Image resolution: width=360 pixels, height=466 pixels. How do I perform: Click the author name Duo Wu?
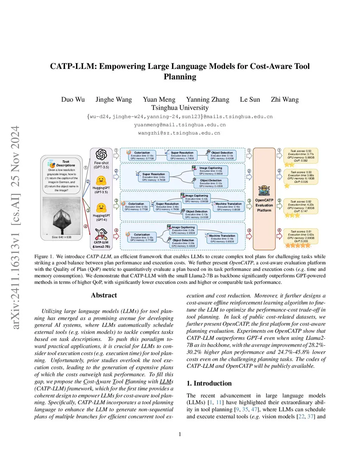tap(73, 100)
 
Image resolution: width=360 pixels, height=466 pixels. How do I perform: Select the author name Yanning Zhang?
tap(207, 100)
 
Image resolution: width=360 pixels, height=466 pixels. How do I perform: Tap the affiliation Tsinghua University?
tap(180, 108)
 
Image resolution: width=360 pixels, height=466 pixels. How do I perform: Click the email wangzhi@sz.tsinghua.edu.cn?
tap(179, 133)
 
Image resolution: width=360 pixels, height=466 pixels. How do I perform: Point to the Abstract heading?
tap(104, 295)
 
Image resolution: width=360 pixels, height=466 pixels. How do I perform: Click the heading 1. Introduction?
tap(209, 383)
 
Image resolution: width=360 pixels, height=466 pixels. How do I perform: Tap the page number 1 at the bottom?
tap(180, 434)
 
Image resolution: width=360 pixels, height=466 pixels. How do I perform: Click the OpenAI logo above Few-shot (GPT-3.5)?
tap(101, 154)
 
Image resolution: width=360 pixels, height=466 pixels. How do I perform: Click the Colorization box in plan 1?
tap(142, 155)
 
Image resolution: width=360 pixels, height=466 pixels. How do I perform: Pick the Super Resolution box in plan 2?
tap(154, 177)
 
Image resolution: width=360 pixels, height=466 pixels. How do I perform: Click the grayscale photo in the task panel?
tap(62, 216)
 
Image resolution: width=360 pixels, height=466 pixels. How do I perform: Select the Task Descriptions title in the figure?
tap(66, 164)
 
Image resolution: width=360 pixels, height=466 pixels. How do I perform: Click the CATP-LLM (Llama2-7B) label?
tap(101, 244)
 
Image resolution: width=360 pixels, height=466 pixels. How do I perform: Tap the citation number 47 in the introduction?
tap(254, 409)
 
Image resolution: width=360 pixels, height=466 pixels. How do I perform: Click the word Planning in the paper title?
tap(180, 77)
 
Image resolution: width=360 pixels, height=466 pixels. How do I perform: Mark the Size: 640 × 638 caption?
tap(62, 237)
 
